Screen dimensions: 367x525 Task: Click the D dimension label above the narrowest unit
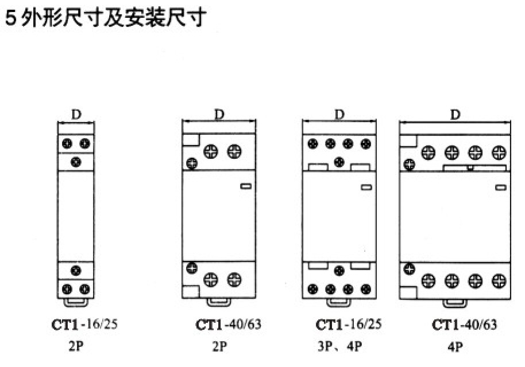[x=76, y=114]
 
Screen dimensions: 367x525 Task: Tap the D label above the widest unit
[x=455, y=114]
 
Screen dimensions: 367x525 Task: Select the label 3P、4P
[x=340, y=347]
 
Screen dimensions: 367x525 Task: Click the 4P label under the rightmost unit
[x=455, y=347]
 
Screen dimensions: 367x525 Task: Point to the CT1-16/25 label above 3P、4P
[x=348, y=325]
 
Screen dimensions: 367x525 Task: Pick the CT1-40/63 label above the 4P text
[x=465, y=325]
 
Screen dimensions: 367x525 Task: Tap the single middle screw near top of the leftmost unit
[x=76, y=162]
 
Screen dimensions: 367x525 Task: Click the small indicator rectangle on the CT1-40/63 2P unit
[x=245, y=186]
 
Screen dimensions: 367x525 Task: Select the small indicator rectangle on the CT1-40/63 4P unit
[x=500, y=187]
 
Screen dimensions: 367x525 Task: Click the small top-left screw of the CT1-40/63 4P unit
[x=409, y=165]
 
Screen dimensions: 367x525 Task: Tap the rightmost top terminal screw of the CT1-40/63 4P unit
[x=499, y=153]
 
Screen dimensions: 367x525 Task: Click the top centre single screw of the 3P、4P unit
[x=339, y=161]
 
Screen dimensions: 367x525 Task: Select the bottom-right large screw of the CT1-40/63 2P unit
[x=233, y=280]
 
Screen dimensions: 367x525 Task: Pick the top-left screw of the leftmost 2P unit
[x=67, y=143]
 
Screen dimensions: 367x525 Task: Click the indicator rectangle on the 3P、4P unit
[x=365, y=187]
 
